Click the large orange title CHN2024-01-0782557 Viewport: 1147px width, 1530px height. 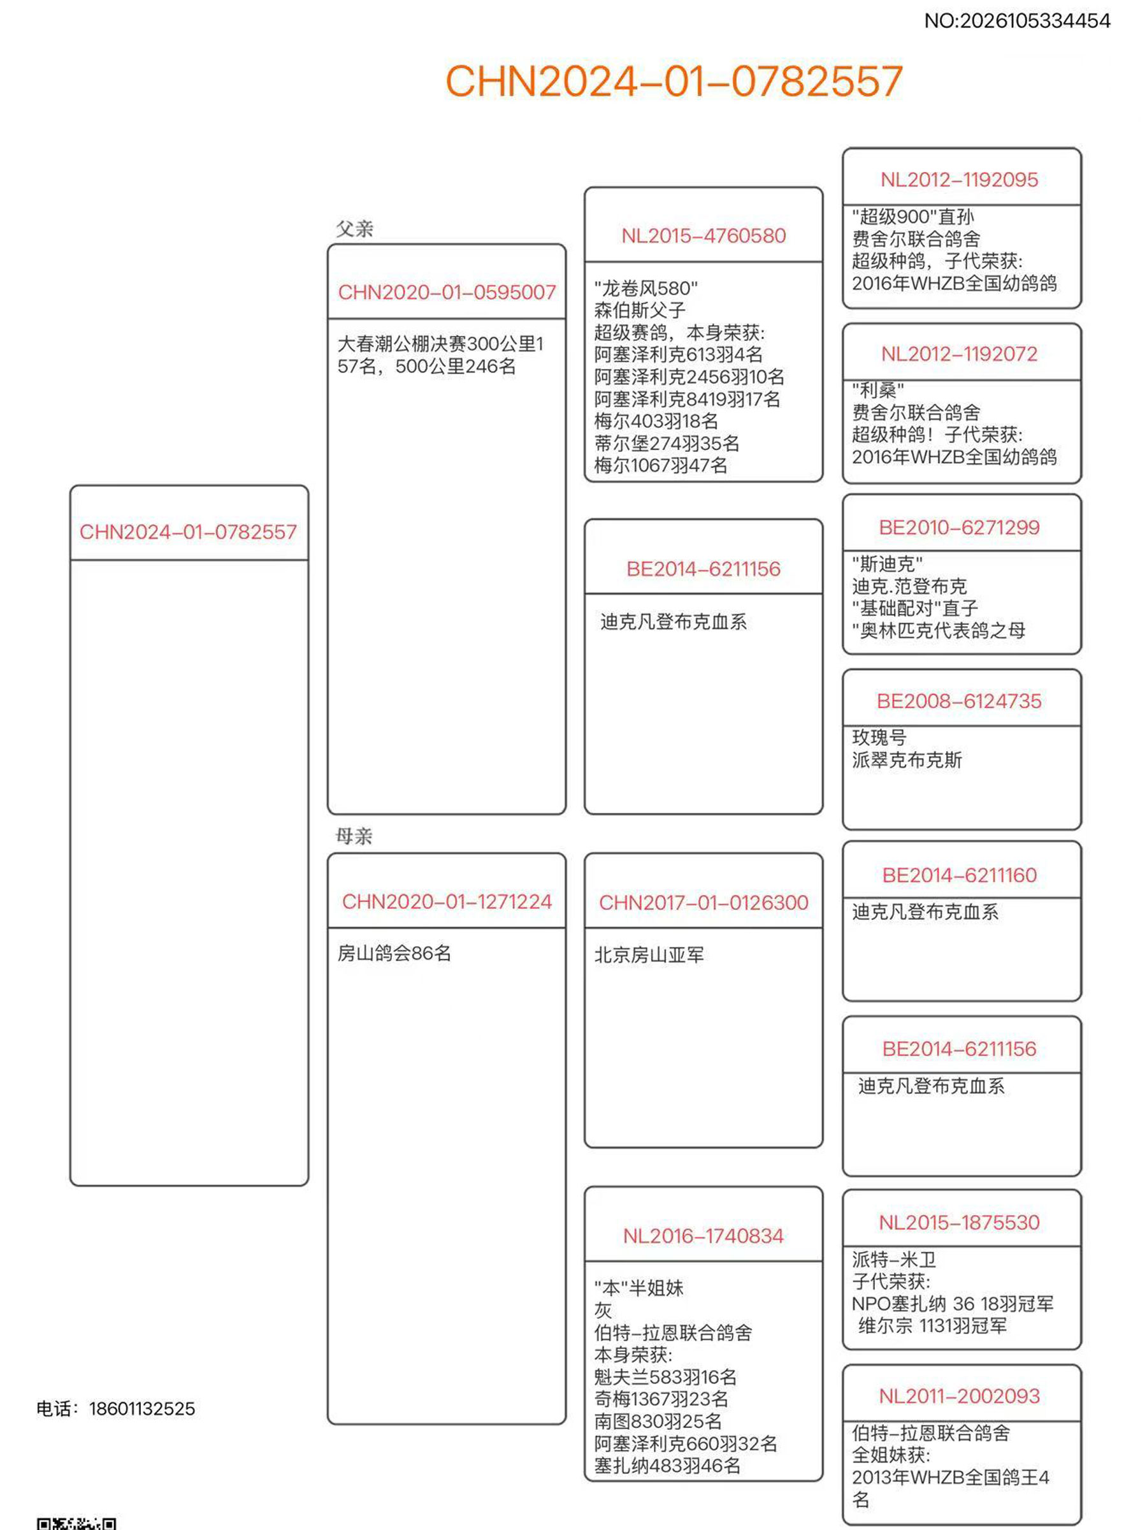click(x=674, y=81)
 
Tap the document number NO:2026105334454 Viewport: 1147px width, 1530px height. click(x=1016, y=22)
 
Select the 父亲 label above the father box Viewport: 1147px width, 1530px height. click(x=354, y=229)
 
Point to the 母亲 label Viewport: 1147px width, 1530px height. click(x=354, y=836)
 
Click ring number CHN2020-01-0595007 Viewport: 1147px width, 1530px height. click(x=447, y=293)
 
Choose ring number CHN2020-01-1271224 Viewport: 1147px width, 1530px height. click(x=447, y=902)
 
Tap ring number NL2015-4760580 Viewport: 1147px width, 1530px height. click(x=703, y=236)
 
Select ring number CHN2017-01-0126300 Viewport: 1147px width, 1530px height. click(x=703, y=903)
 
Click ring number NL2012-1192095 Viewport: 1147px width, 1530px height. click(x=959, y=180)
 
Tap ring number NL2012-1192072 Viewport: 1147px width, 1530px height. click(x=959, y=354)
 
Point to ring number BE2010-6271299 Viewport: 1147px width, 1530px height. click(x=959, y=528)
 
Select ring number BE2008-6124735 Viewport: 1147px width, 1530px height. click(x=959, y=701)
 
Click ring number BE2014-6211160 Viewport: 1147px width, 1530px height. click(x=959, y=876)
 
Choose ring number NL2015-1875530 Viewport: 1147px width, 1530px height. click(x=959, y=1223)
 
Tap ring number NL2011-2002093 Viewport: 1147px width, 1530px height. click(x=959, y=1397)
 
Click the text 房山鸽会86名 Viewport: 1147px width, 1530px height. click(x=394, y=954)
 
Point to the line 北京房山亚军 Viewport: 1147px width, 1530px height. click(x=649, y=955)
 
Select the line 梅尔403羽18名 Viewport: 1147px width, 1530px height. click(x=656, y=421)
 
